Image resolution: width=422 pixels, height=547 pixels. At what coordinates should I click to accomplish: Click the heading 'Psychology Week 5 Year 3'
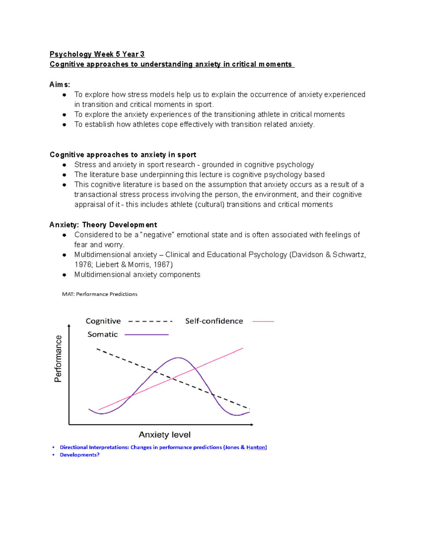[x=97, y=54]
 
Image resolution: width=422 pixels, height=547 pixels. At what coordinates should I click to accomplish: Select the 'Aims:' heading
[x=60, y=85]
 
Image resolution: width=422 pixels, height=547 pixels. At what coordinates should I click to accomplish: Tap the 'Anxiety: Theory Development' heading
[x=103, y=225]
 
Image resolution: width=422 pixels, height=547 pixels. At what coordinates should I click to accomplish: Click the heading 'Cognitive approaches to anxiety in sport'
[x=123, y=155]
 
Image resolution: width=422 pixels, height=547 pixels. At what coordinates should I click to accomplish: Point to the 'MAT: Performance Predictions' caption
[x=100, y=294]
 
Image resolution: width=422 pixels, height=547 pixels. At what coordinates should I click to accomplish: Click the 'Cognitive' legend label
[x=103, y=321]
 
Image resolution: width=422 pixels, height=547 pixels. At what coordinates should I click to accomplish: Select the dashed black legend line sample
[x=150, y=321]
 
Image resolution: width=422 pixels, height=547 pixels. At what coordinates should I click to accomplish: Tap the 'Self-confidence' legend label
[x=214, y=321]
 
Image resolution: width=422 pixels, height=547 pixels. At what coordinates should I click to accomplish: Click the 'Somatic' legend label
[x=102, y=334]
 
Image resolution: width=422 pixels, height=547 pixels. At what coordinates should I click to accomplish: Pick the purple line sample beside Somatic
[x=147, y=335]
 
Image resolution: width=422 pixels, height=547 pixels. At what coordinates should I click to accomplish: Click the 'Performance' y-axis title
[x=58, y=359]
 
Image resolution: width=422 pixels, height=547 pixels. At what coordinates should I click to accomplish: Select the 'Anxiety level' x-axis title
[x=165, y=435]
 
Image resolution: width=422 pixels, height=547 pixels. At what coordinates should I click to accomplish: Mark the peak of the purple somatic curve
[x=178, y=358]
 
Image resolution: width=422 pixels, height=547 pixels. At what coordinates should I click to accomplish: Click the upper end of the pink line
[x=242, y=348]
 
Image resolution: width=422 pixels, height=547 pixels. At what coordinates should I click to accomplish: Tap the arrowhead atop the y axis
[x=69, y=326]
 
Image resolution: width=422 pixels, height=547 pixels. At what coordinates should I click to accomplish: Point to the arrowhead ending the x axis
[x=252, y=425]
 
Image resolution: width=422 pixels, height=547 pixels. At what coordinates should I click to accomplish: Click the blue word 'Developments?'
[x=79, y=455]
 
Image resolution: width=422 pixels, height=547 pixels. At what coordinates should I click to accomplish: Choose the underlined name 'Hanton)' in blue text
[x=256, y=447]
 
